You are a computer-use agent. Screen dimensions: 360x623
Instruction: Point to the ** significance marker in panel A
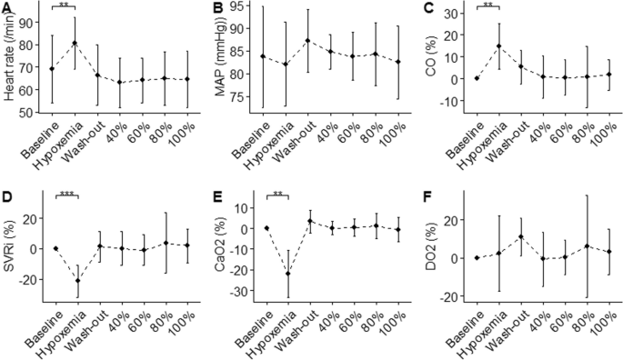point(64,5)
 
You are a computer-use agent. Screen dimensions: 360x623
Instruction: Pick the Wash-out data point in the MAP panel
point(282,41)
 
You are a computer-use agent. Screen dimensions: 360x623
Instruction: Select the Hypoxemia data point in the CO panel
point(498,46)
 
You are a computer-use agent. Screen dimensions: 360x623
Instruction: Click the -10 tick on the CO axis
point(446,102)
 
